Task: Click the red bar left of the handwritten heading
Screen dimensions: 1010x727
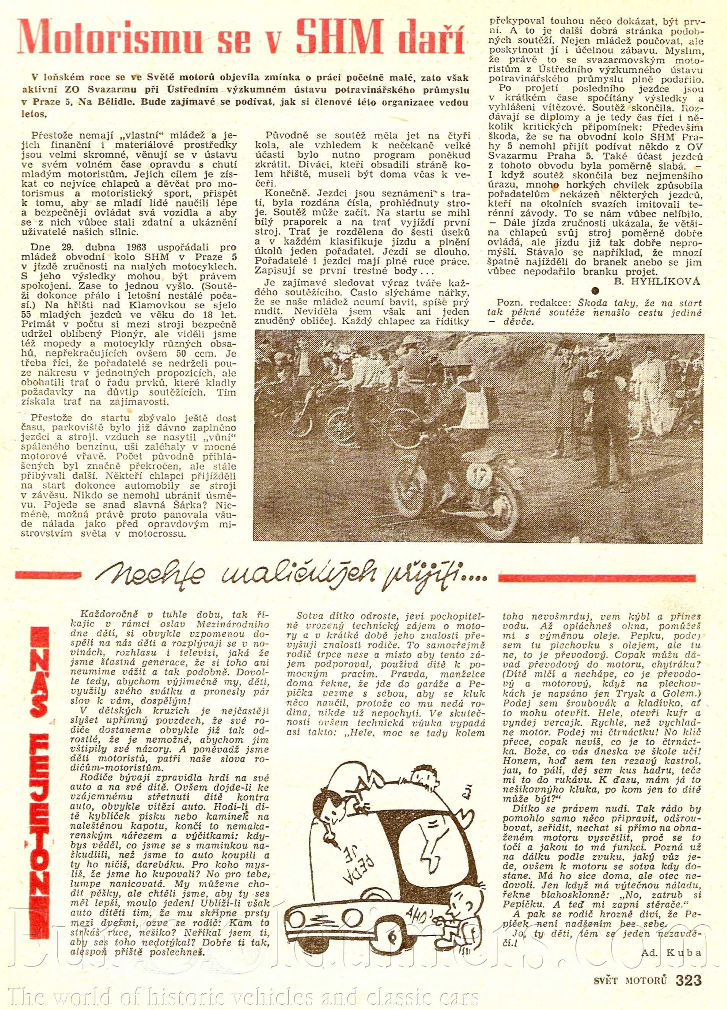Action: [48, 575]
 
